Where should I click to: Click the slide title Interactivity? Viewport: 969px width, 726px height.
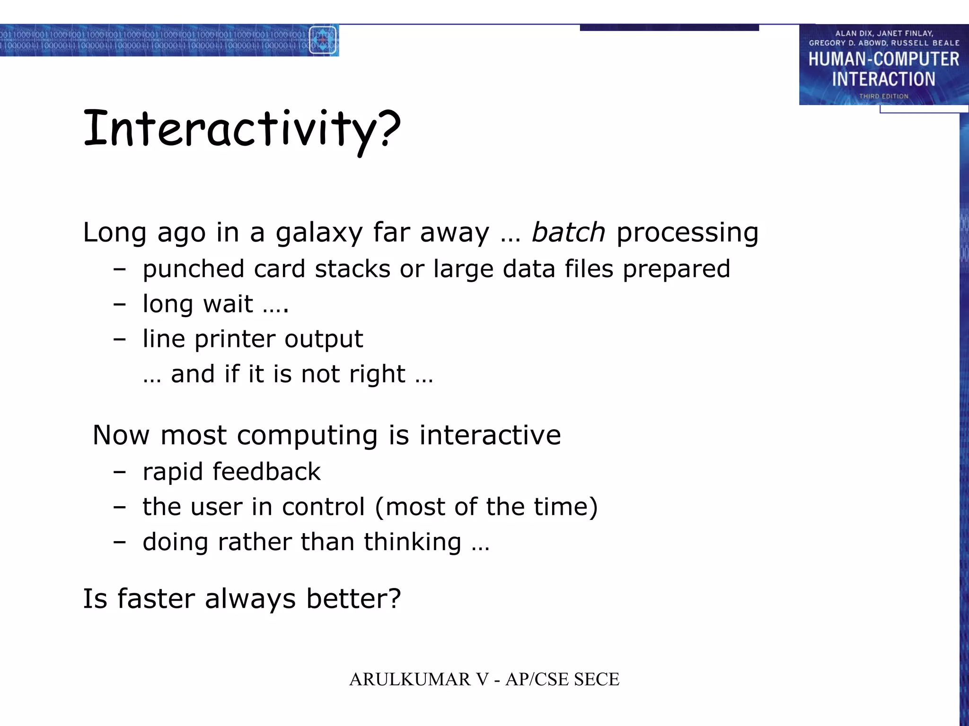(x=241, y=129)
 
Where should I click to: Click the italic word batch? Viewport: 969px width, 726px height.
(x=568, y=232)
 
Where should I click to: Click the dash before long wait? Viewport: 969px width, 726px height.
(x=120, y=304)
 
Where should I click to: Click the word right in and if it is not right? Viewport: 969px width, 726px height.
(x=377, y=374)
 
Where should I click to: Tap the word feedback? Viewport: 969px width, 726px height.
(x=266, y=472)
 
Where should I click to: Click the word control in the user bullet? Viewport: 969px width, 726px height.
(x=323, y=507)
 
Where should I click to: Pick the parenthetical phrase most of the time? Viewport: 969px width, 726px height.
(x=486, y=507)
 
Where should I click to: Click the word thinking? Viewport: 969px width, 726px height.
(x=412, y=542)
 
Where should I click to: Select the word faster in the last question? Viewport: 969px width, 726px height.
(x=156, y=599)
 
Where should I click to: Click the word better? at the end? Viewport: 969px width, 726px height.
(x=353, y=599)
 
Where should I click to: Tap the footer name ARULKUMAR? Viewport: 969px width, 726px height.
(x=410, y=680)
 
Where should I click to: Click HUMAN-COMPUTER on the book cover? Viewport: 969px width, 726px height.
(x=883, y=59)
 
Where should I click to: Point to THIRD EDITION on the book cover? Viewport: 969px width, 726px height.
(x=883, y=96)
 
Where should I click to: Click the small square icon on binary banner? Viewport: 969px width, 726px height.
(x=323, y=40)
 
